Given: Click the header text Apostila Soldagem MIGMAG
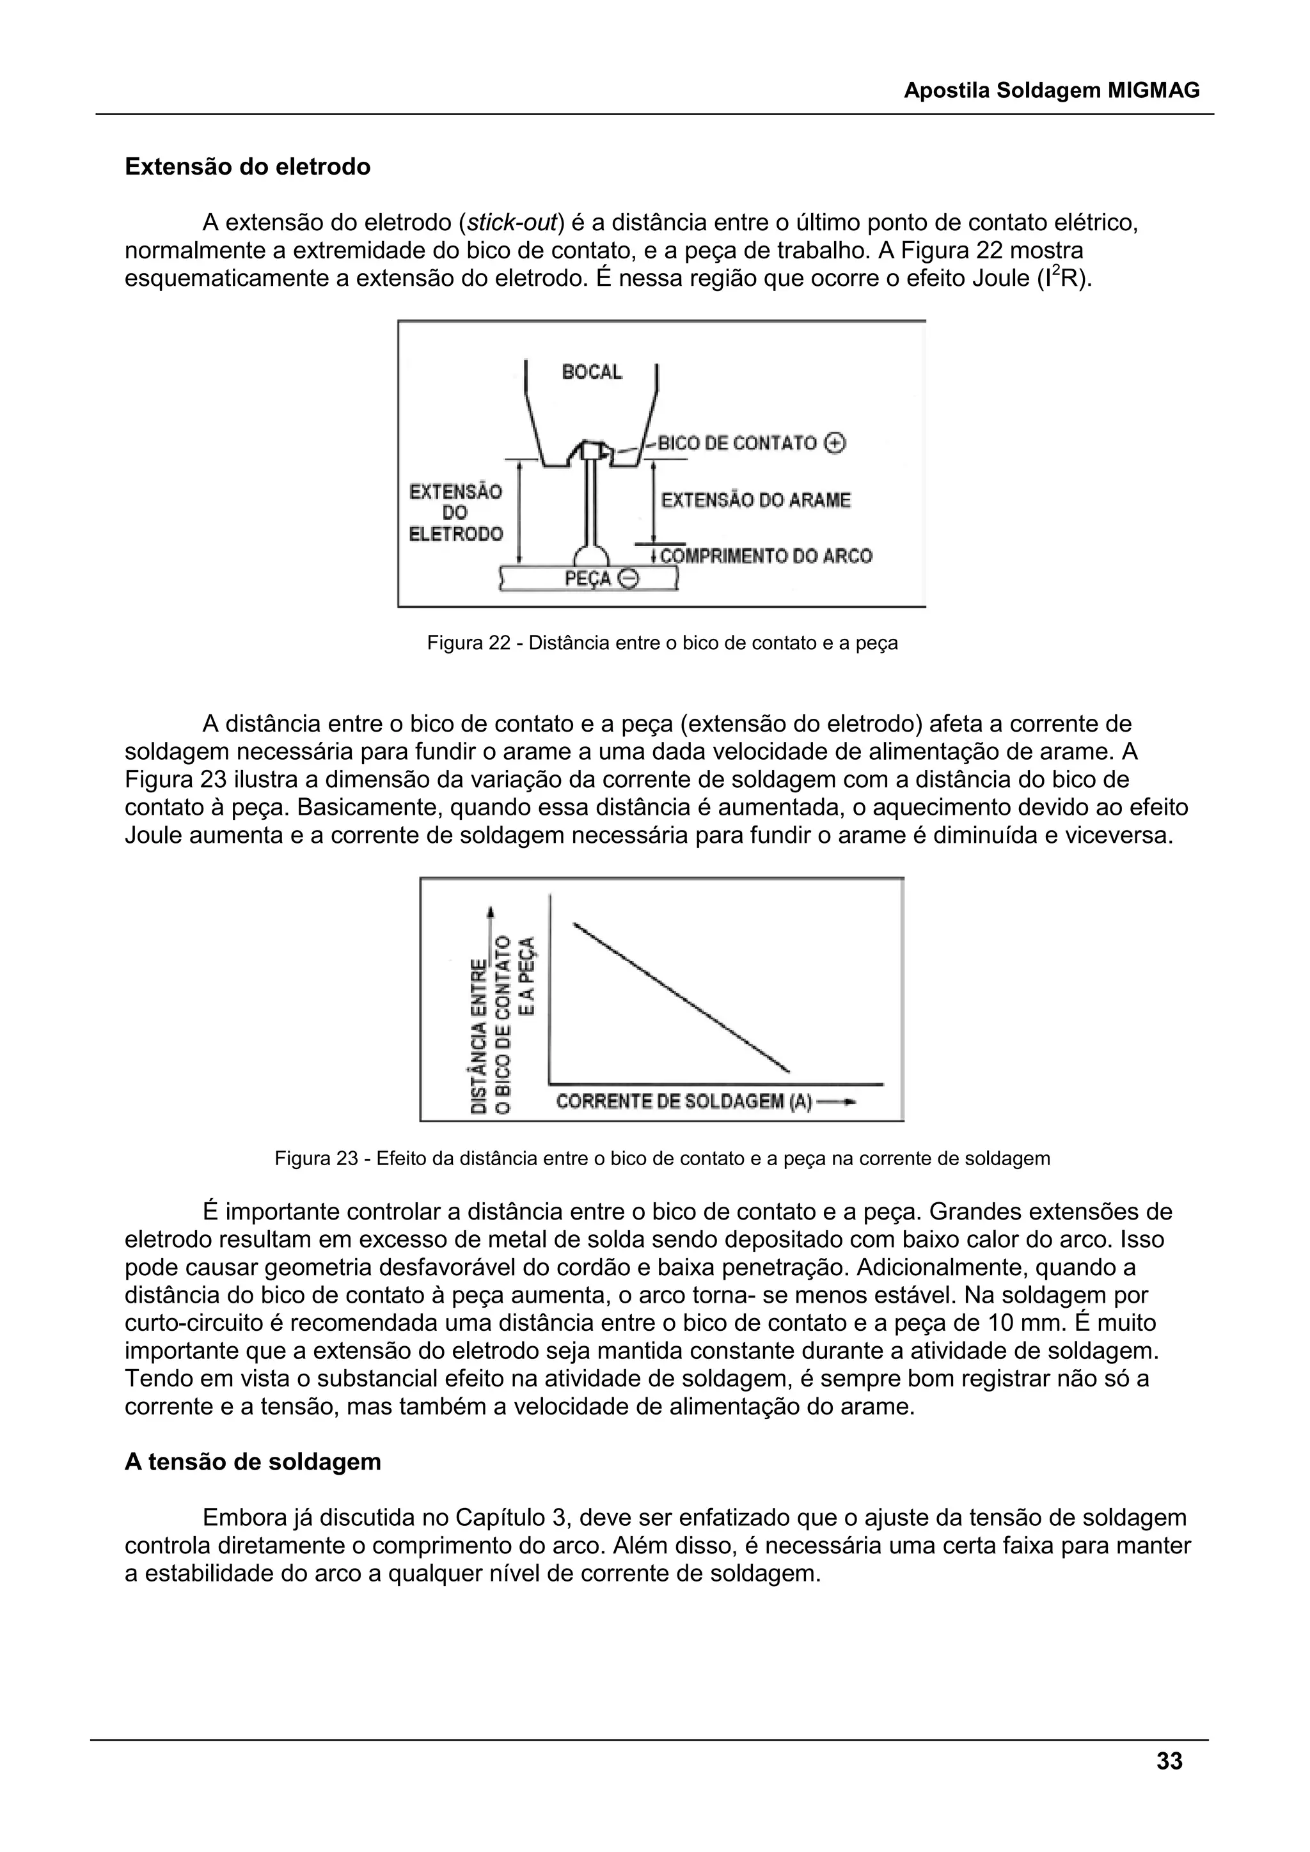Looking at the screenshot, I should [x=1051, y=90].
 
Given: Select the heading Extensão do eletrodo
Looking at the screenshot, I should [x=248, y=167].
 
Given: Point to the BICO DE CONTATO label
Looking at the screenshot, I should [x=738, y=443].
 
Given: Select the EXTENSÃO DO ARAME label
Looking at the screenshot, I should [x=756, y=500].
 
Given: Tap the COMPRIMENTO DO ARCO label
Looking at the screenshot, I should [x=766, y=556].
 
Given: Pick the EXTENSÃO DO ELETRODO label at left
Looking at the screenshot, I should [x=456, y=512].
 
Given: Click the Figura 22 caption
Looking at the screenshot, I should [x=661, y=644].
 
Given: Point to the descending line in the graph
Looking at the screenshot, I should [x=682, y=997].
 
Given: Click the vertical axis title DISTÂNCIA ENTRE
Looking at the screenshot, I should [x=479, y=1037].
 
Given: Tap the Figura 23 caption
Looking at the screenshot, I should [x=661, y=1159].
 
